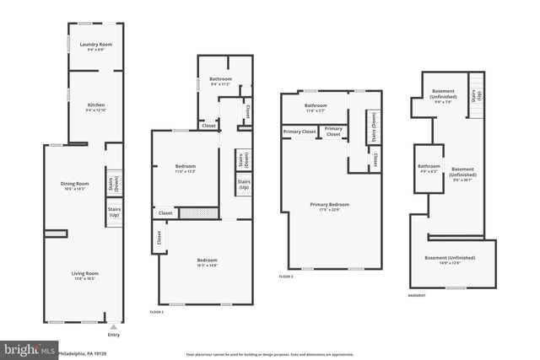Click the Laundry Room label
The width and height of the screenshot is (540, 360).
pos(95,46)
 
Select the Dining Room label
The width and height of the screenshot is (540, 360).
pos(74,185)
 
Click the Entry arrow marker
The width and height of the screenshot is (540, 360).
pos(113,327)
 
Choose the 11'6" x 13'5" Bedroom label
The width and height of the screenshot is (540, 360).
pos(185,168)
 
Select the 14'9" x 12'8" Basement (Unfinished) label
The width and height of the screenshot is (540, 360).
pos(449,260)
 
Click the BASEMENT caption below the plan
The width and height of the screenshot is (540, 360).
pos(417,296)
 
